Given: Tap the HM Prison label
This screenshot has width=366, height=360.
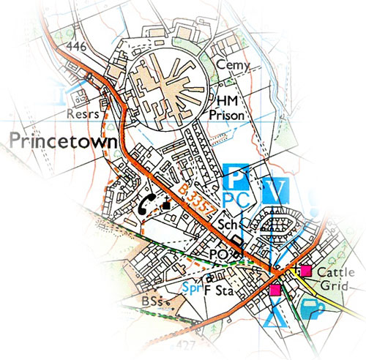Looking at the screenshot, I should tap(234, 107).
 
